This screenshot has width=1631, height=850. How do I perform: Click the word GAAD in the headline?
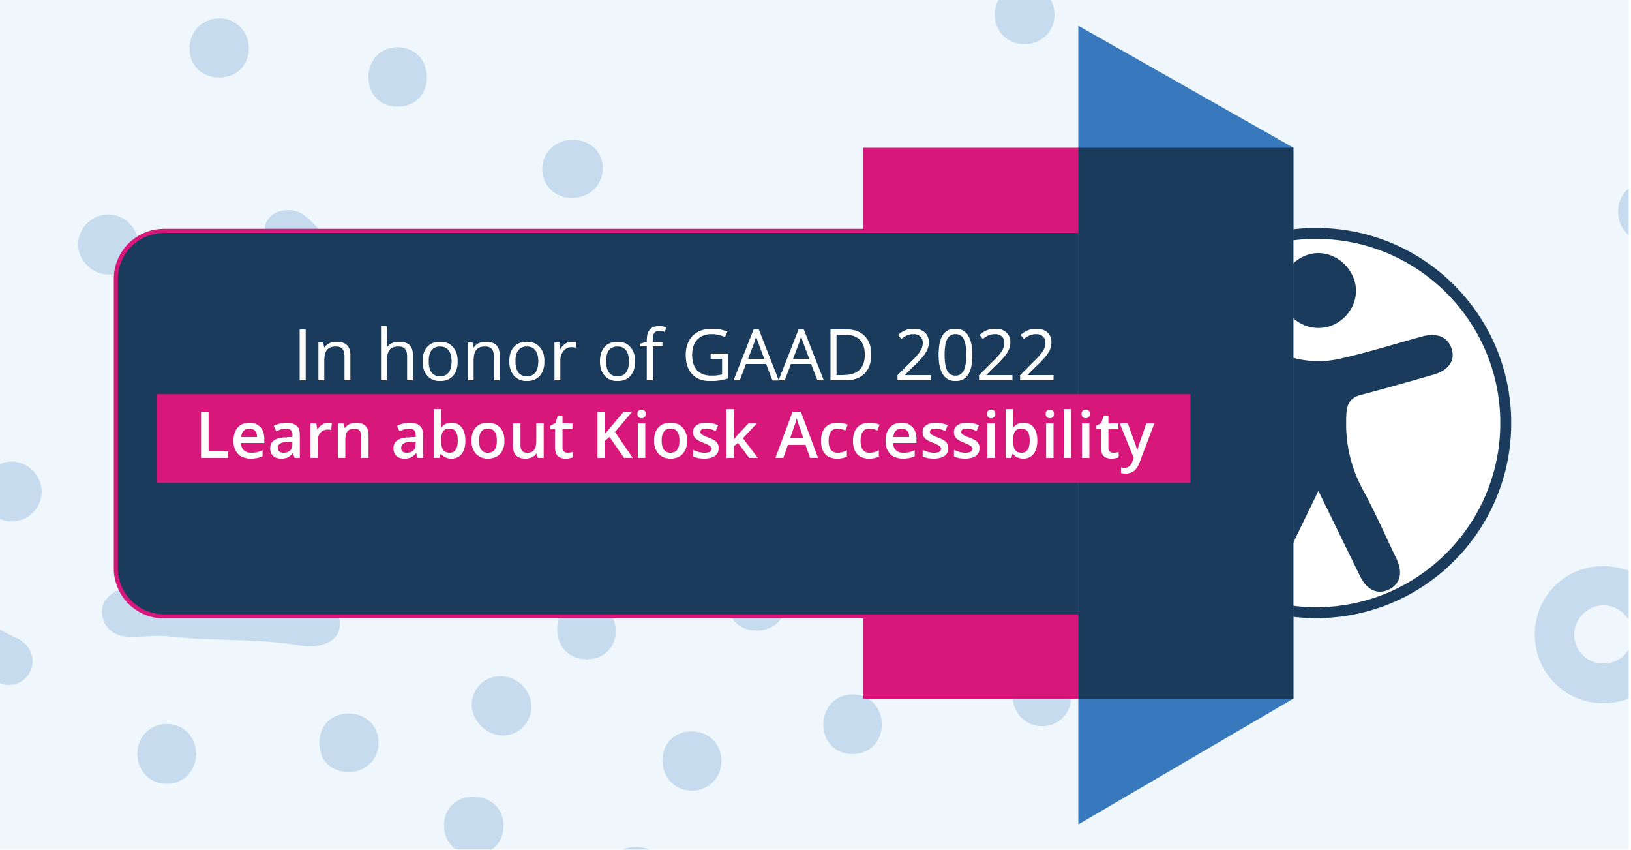(x=778, y=356)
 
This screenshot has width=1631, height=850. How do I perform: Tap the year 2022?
(x=975, y=355)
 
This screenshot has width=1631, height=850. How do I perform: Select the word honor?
(x=477, y=354)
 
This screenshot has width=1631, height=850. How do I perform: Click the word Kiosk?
(x=676, y=435)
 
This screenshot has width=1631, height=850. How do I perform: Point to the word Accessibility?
(x=965, y=440)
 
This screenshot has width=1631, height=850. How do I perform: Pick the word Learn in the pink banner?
(x=284, y=435)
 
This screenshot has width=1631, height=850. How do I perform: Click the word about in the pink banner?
(x=483, y=435)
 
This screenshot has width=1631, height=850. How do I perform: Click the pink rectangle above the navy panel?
(x=970, y=189)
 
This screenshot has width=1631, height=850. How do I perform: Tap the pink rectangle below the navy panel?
(x=970, y=656)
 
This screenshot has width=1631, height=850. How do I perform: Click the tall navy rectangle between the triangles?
(x=1186, y=423)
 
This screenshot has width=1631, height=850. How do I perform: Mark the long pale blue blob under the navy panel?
(x=222, y=630)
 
